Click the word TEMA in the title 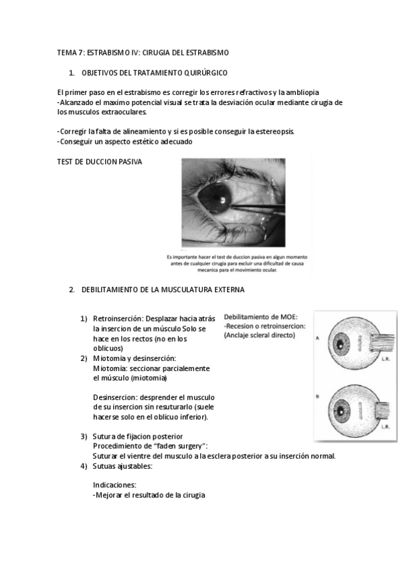click(x=65, y=53)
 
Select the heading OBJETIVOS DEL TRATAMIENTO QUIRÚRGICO click(x=155, y=73)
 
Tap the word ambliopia click(x=302, y=92)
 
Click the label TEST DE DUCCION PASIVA click(x=100, y=162)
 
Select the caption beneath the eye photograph click(x=237, y=263)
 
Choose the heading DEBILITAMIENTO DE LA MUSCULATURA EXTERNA click(x=163, y=290)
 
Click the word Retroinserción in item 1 click(x=118, y=319)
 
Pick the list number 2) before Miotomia click(x=84, y=358)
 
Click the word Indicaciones click(x=114, y=485)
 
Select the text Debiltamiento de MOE click(x=261, y=317)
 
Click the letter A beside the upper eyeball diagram click(x=318, y=338)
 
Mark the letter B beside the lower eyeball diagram click(x=318, y=396)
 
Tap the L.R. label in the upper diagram click(x=386, y=360)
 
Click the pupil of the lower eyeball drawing click(x=341, y=411)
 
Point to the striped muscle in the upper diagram click(x=382, y=342)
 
